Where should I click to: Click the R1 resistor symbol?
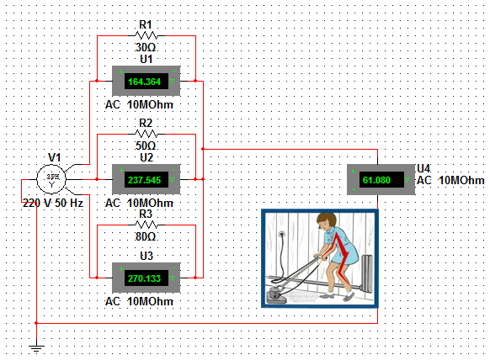point(146,36)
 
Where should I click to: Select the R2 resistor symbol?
point(146,134)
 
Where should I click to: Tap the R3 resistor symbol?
point(146,225)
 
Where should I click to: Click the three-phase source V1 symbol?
point(54,177)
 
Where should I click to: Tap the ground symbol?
point(35,346)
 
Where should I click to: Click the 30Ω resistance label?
point(146,48)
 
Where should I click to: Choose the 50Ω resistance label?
point(146,146)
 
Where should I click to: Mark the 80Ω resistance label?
point(146,237)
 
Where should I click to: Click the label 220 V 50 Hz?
point(52,204)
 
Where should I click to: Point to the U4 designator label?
point(423,168)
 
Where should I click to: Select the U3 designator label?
point(146,256)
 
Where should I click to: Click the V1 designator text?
point(55,157)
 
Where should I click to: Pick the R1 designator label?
point(146,25)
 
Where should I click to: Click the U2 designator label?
point(146,156)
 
